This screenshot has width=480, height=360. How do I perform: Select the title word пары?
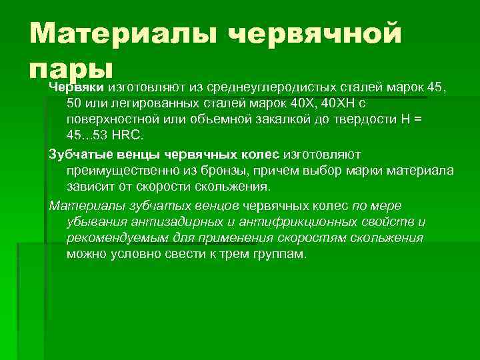pos(73,69)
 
